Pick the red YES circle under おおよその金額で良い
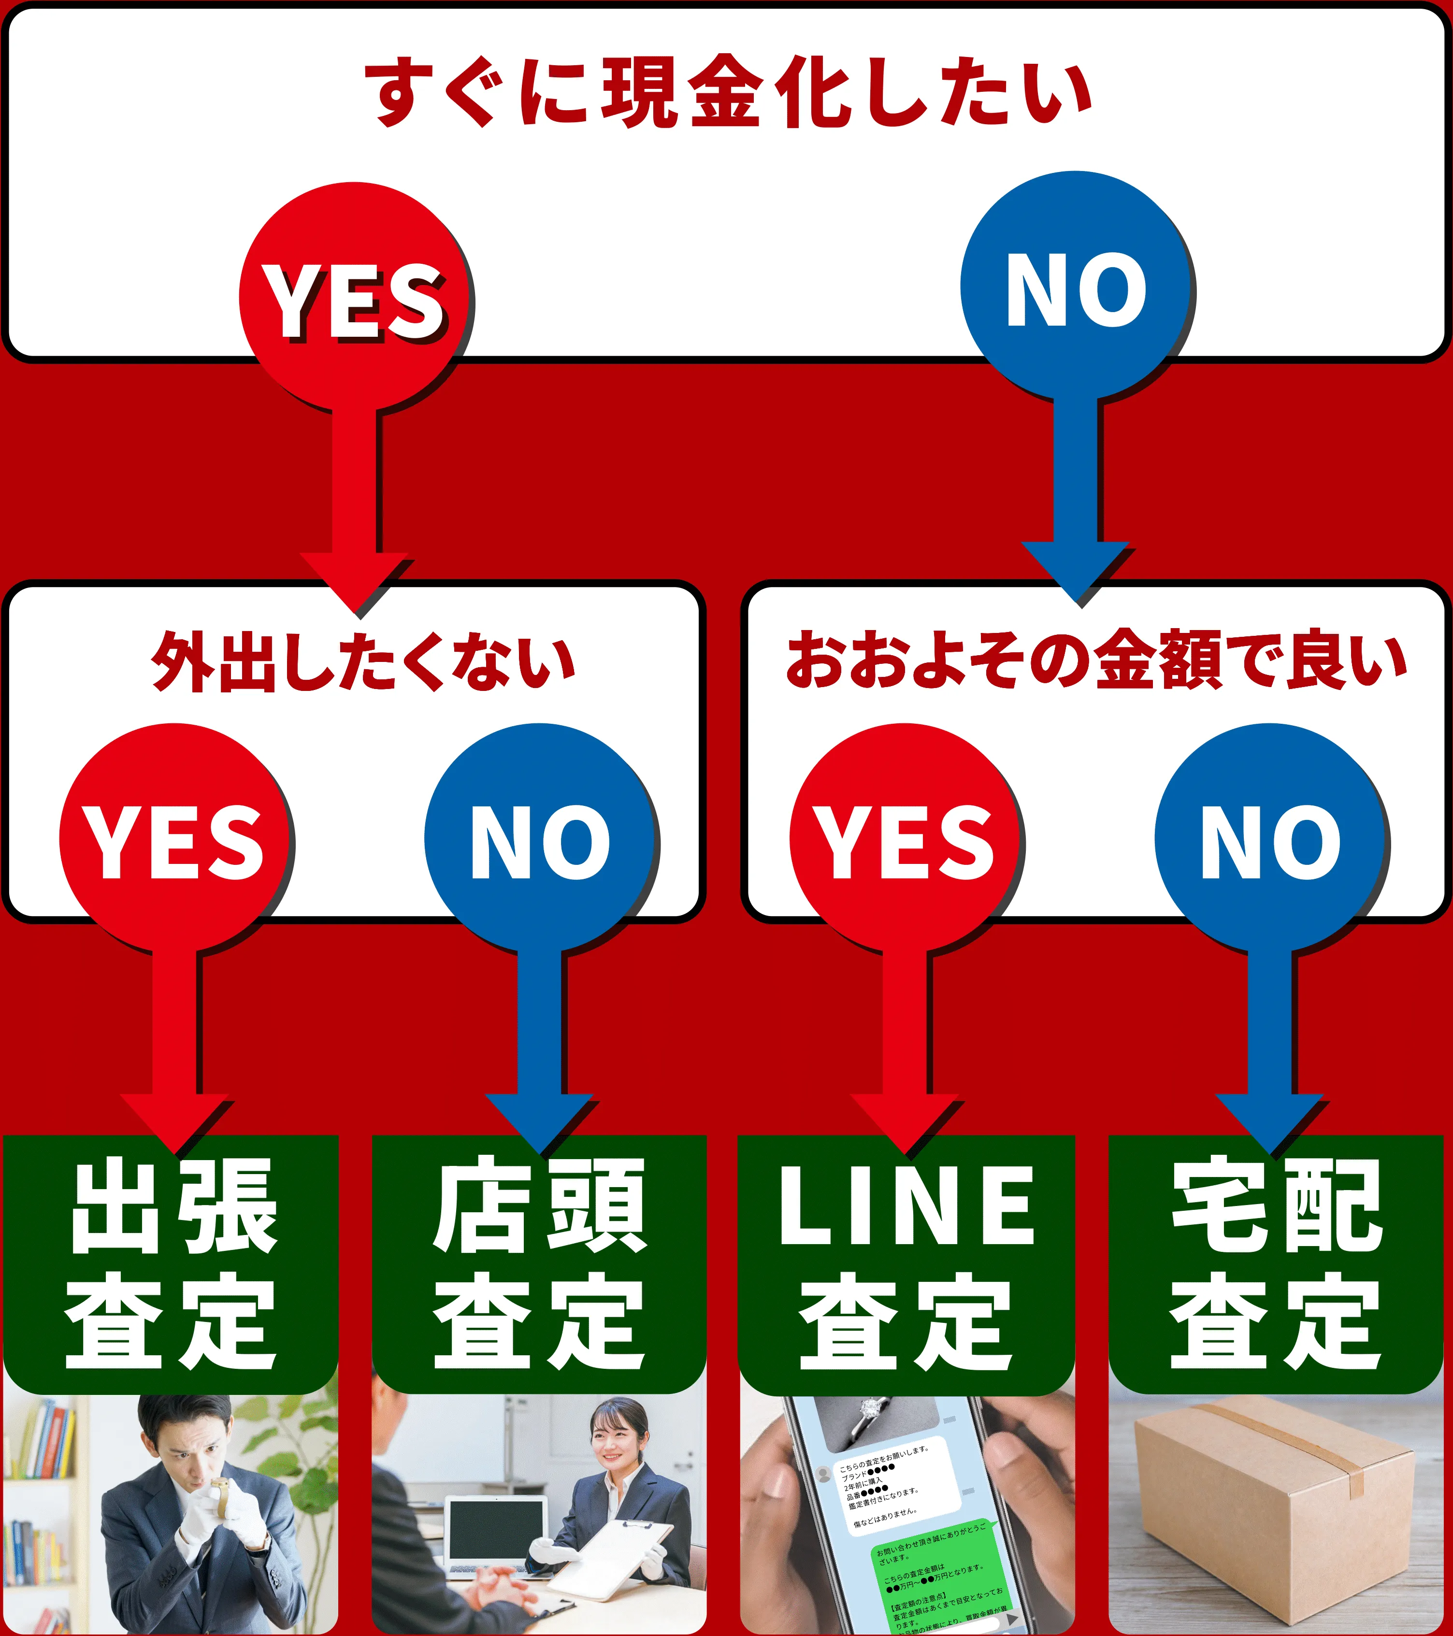905,839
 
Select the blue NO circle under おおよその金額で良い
1270,839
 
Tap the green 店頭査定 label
539,1264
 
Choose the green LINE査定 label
906,1264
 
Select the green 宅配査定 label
1275,1264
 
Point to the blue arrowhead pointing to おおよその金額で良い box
1075,572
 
